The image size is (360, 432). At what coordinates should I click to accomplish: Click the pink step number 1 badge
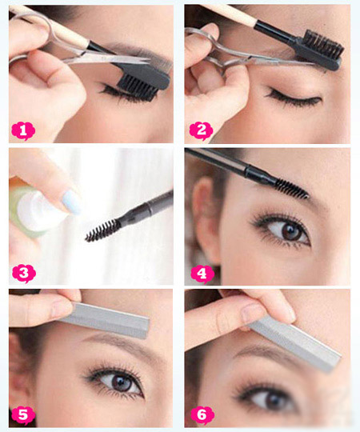23,130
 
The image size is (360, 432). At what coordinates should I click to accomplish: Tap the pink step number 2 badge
202,130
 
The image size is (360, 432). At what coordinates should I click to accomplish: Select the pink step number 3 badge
24,274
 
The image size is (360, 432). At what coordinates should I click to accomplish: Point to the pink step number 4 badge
202,274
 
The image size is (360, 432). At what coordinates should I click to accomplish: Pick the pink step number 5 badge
23,415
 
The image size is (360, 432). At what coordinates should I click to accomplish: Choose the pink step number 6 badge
202,415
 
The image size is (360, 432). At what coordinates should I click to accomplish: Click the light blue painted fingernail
71,202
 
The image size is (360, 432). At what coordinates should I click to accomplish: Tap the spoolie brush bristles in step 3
102,231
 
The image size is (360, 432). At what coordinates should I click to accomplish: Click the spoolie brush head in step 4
292,189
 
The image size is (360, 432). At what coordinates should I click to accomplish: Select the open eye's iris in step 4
290,232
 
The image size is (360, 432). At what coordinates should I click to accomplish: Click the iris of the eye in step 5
120,383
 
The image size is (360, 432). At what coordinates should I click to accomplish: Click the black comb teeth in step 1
137,88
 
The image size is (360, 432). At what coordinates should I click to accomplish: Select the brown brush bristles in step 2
324,43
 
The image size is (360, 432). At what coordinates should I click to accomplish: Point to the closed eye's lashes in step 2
292,98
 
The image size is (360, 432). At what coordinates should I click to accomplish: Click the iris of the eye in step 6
273,400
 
